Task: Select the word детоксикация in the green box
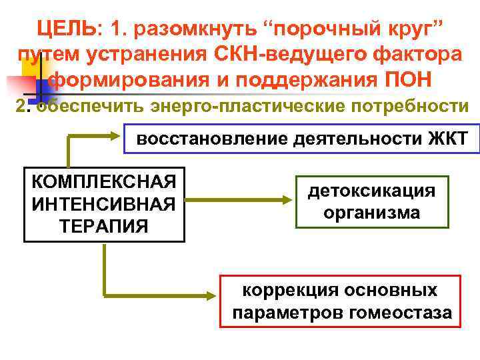tap(372, 191)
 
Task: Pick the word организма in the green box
tap(372, 213)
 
